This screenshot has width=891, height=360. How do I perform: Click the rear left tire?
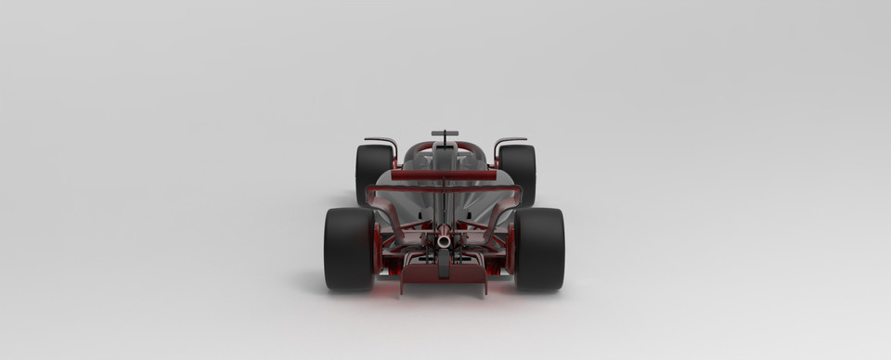348,249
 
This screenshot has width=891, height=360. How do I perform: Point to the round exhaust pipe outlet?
444,241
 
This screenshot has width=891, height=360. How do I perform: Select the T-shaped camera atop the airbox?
445,134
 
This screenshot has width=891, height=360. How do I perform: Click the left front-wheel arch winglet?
381,141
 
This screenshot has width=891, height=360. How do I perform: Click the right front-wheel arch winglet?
510,141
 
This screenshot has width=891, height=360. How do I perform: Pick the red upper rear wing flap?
444,174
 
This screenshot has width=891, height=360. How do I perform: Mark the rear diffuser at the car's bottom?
444,279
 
